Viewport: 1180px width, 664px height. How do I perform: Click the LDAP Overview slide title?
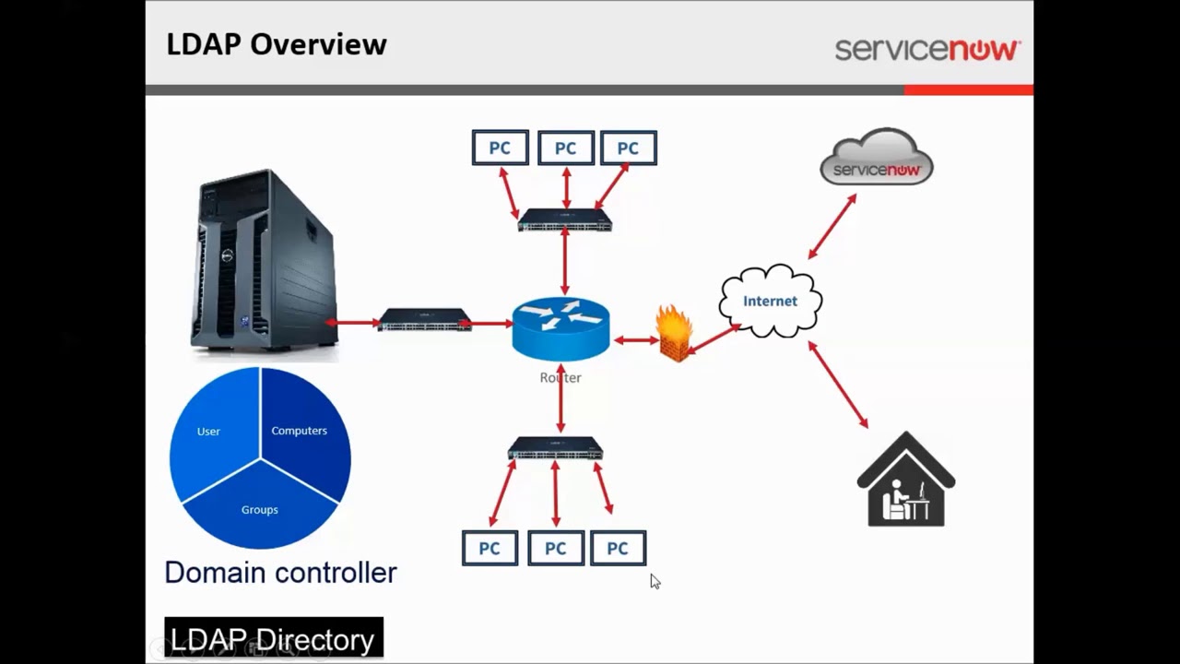click(x=276, y=44)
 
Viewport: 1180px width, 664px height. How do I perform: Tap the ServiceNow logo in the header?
click(x=926, y=49)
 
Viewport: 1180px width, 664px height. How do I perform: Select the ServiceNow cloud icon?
click(x=877, y=157)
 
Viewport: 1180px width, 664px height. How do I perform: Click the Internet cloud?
click(x=770, y=302)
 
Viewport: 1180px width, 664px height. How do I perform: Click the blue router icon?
click(x=560, y=327)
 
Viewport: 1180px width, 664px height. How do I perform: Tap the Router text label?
click(x=560, y=378)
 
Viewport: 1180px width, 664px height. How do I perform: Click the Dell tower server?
click(x=265, y=260)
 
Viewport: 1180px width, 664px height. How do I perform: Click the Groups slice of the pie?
click(x=260, y=509)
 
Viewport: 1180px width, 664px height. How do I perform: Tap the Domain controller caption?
click(x=280, y=573)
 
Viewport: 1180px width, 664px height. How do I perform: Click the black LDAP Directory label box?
click(x=274, y=638)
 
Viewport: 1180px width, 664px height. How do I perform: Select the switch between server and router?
click(x=425, y=321)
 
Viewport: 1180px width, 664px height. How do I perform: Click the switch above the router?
click(x=565, y=220)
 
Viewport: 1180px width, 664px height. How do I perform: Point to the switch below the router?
click(x=555, y=449)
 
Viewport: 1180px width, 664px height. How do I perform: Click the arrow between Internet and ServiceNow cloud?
click(x=832, y=227)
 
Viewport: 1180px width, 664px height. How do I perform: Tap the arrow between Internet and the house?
click(x=838, y=385)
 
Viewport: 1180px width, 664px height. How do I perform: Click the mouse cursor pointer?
click(x=655, y=581)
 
